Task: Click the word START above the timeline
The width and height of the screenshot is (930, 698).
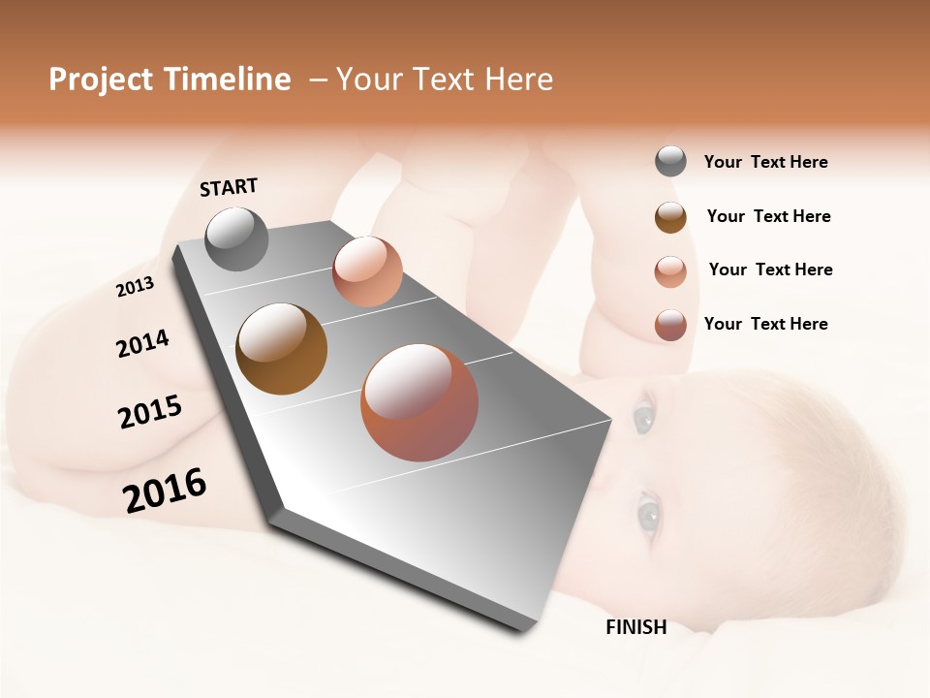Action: click(x=229, y=187)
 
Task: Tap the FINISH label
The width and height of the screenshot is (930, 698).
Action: click(x=635, y=627)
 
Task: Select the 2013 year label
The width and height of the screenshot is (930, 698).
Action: click(x=135, y=287)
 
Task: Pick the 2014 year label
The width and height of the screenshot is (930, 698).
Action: click(x=142, y=344)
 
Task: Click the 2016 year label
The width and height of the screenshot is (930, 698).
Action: click(x=165, y=491)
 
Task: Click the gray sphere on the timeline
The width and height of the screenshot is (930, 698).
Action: click(x=236, y=238)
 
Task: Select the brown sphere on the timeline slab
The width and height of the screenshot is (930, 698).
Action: click(x=281, y=349)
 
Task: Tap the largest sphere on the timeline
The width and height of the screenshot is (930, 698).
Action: click(x=419, y=402)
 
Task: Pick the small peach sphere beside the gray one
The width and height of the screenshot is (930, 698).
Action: click(x=367, y=271)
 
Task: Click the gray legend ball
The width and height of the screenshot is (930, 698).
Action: click(x=670, y=162)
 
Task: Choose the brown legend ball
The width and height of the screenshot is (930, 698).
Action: click(x=670, y=216)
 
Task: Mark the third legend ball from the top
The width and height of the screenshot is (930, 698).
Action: click(x=670, y=270)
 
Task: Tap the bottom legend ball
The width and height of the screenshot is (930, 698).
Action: click(x=670, y=325)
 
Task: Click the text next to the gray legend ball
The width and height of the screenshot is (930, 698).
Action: click(x=765, y=162)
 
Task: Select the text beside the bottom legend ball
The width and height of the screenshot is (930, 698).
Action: click(x=765, y=324)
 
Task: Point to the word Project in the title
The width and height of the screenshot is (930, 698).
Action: click(x=101, y=79)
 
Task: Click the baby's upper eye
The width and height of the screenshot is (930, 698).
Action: click(x=643, y=418)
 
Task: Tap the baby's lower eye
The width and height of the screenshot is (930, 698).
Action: click(x=646, y=511)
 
